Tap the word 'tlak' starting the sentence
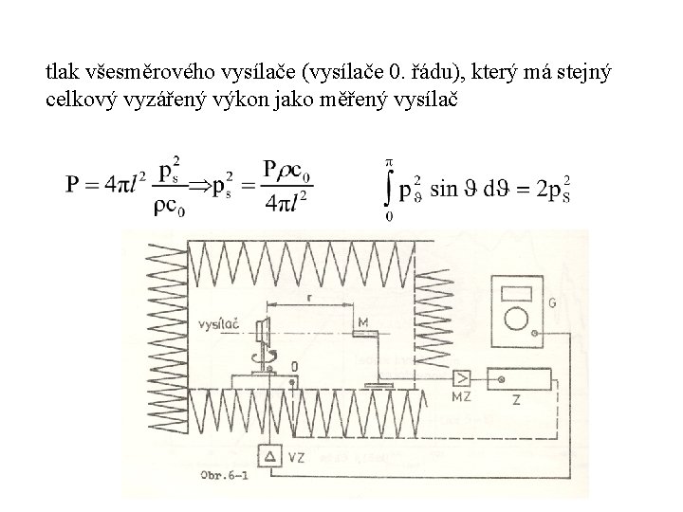click(x=61, y=70)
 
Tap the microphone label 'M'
click(x=363, y=323)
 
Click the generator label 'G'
click(x=551, y=304)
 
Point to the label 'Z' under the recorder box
click(x=516, y=401)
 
